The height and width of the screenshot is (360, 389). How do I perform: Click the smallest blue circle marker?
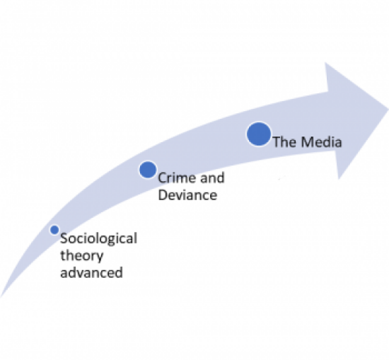click(54, 230)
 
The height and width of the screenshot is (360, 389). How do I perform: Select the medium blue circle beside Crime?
click(148, 170)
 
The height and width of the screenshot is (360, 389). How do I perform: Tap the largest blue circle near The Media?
click(259, 134)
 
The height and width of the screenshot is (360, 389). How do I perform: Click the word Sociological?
click(98, 238)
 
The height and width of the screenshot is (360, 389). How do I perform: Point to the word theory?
click(81, 255)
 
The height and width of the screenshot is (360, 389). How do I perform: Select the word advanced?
click(91, 272)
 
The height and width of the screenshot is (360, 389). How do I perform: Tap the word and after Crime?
click(212, 178)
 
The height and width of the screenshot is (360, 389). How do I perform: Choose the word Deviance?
click(187, 195)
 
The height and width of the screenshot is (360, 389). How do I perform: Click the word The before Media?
click(286, 142)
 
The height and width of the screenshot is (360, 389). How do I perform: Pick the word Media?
click(322, 142)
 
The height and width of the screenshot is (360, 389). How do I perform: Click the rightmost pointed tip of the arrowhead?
click(388, 108)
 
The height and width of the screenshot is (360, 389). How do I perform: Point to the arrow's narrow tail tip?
click(1, 296)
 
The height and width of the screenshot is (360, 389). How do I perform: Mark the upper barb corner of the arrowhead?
click(325, 63)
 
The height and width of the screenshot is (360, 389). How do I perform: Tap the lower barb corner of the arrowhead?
click(339, 178)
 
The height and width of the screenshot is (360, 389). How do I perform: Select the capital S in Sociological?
click(64, 238)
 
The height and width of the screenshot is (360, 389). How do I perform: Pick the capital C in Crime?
click(162, 178)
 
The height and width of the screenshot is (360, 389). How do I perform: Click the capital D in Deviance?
click(163, 195)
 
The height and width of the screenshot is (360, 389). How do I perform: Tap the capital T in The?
click(277, 142)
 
